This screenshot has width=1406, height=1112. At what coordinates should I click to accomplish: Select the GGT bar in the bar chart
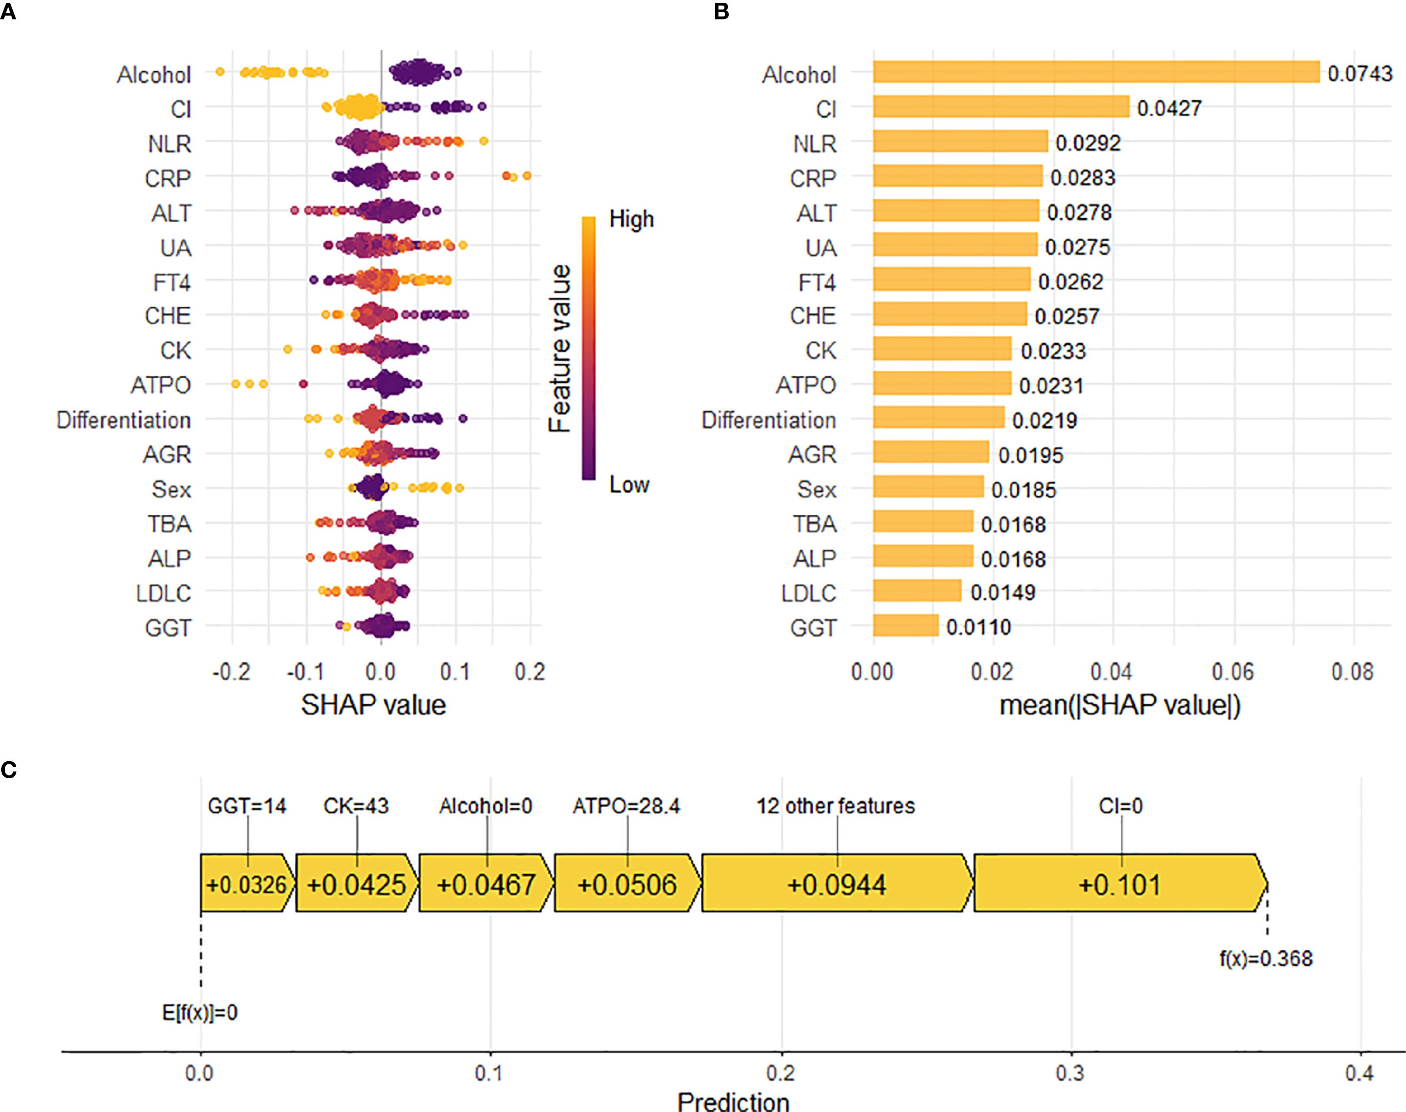[905, 626]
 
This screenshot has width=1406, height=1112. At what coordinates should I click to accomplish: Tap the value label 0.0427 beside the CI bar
[1169, 108]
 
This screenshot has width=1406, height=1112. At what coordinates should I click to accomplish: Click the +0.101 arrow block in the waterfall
[1120, 883]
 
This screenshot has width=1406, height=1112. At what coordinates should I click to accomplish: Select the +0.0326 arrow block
[246, 883]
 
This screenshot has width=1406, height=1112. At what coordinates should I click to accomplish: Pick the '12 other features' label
[836, 806]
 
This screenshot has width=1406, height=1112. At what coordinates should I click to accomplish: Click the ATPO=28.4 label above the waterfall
[626, 806]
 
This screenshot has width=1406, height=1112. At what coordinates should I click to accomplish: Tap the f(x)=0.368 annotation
[1266, 958]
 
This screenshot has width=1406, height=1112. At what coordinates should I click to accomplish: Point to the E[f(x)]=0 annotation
[200, 1012]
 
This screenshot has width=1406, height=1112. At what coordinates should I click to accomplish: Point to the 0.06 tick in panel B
[1232, 671]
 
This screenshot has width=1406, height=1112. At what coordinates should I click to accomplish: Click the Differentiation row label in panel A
[124, 420]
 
